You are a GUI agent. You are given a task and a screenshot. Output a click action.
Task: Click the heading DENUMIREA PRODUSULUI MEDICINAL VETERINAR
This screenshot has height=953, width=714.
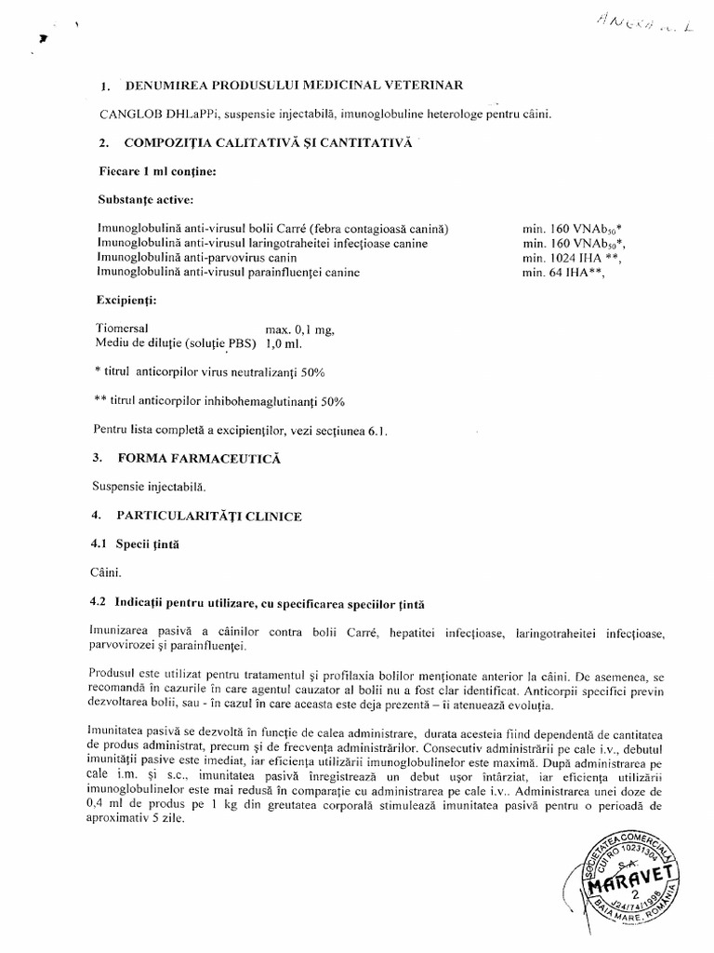tap(298, 87)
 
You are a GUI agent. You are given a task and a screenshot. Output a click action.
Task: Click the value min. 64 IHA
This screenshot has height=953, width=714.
tap(566, 272)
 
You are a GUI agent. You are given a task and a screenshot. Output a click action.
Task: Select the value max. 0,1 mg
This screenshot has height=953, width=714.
tap(299, 329)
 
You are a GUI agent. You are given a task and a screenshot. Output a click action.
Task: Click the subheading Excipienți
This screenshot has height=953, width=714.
tap(126, 302)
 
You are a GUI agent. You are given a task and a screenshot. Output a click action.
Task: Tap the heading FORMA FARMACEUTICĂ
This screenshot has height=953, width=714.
tap(199, 459)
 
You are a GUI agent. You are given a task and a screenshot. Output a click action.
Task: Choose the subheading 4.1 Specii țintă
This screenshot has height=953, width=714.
tap(140, 544)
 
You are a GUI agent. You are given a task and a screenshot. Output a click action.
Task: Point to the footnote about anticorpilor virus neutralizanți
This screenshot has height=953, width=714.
tap(209, 372)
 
